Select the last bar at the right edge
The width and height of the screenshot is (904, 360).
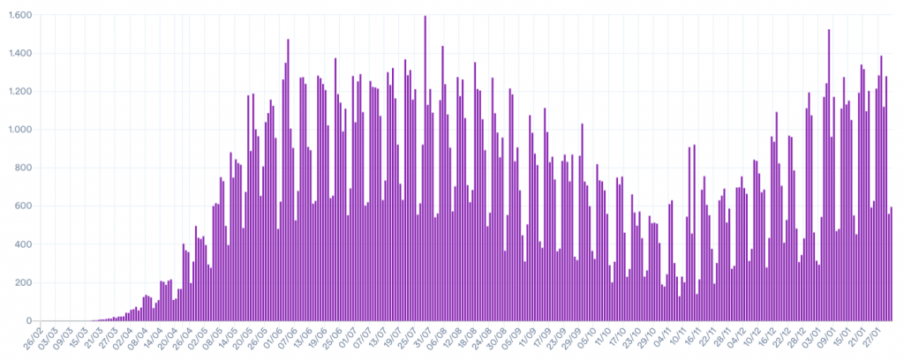[892, 264]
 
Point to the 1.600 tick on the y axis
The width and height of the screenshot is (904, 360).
[20, 15]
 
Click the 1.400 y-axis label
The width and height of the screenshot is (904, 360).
[20, 54]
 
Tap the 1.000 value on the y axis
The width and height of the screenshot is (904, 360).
[20, 130]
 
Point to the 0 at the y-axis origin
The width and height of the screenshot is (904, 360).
[30, 320]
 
